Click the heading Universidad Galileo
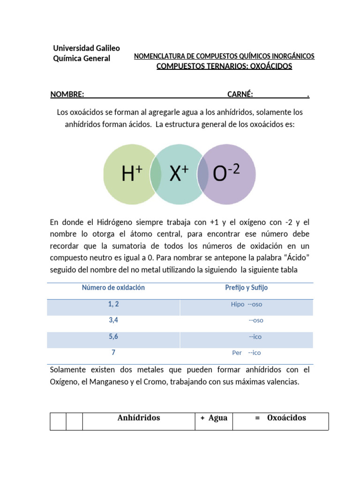coord(86,48)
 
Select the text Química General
coord(82,59)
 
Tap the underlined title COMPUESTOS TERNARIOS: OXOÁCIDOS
coord(224,66)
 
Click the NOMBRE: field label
coord(67,95)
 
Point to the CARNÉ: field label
coord(240,95)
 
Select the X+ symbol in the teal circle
coord(179,174)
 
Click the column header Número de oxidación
coord(113,288)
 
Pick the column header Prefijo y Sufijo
coord(246,288)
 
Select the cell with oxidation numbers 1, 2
coord(113,304)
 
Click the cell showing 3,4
coord(113,320)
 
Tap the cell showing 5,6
coord(113,337)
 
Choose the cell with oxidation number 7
coord(113,352)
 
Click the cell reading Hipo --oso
coord(246,304)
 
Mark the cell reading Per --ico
coord(246,353)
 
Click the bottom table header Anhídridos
coord(138,418)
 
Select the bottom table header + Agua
coord(214,418)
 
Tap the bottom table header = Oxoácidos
coord(280,418)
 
